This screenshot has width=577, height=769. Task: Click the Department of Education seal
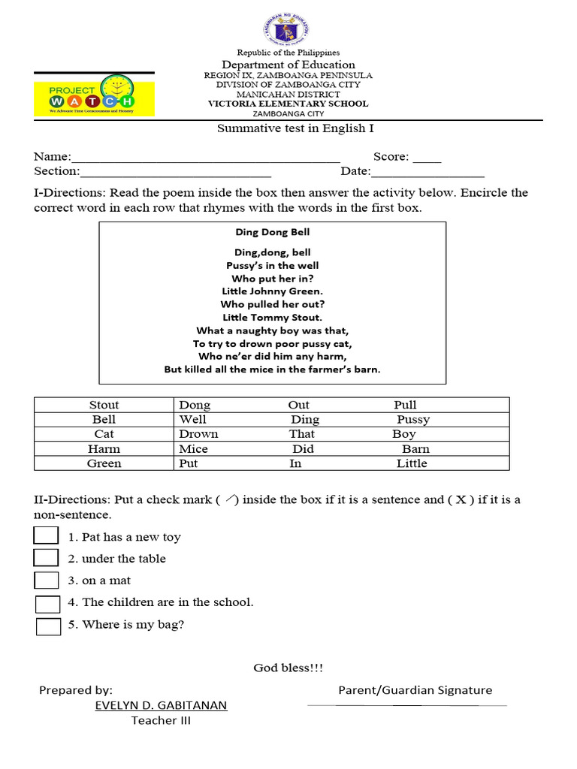tap(288, 29)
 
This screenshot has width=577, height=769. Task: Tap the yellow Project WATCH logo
tap(94, 95)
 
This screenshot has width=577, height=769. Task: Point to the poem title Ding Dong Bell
tap(272, 232)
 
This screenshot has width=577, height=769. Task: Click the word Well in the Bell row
tap(193, 419)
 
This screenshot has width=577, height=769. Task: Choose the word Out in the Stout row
tap(299, 405)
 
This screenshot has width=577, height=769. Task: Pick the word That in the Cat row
tap(302, 434)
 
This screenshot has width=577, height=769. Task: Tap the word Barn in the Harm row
tap(415, 449)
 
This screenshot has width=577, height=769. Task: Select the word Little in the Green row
tap(412, 463)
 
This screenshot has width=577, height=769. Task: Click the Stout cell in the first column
tap(104, 405)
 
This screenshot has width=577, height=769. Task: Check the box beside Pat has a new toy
tap(46, 535)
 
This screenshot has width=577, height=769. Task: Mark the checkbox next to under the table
tap(46, 557)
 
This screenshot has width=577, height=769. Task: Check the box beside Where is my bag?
tap(48, 626)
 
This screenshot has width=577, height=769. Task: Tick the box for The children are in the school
tap(48, 604)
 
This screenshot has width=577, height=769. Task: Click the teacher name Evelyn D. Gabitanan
tap(161, 705)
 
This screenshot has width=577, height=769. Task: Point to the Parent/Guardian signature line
tap(406, 705)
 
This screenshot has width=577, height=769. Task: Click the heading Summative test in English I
tap(295, 128)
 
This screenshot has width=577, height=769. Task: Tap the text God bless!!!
tap(288, 668)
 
